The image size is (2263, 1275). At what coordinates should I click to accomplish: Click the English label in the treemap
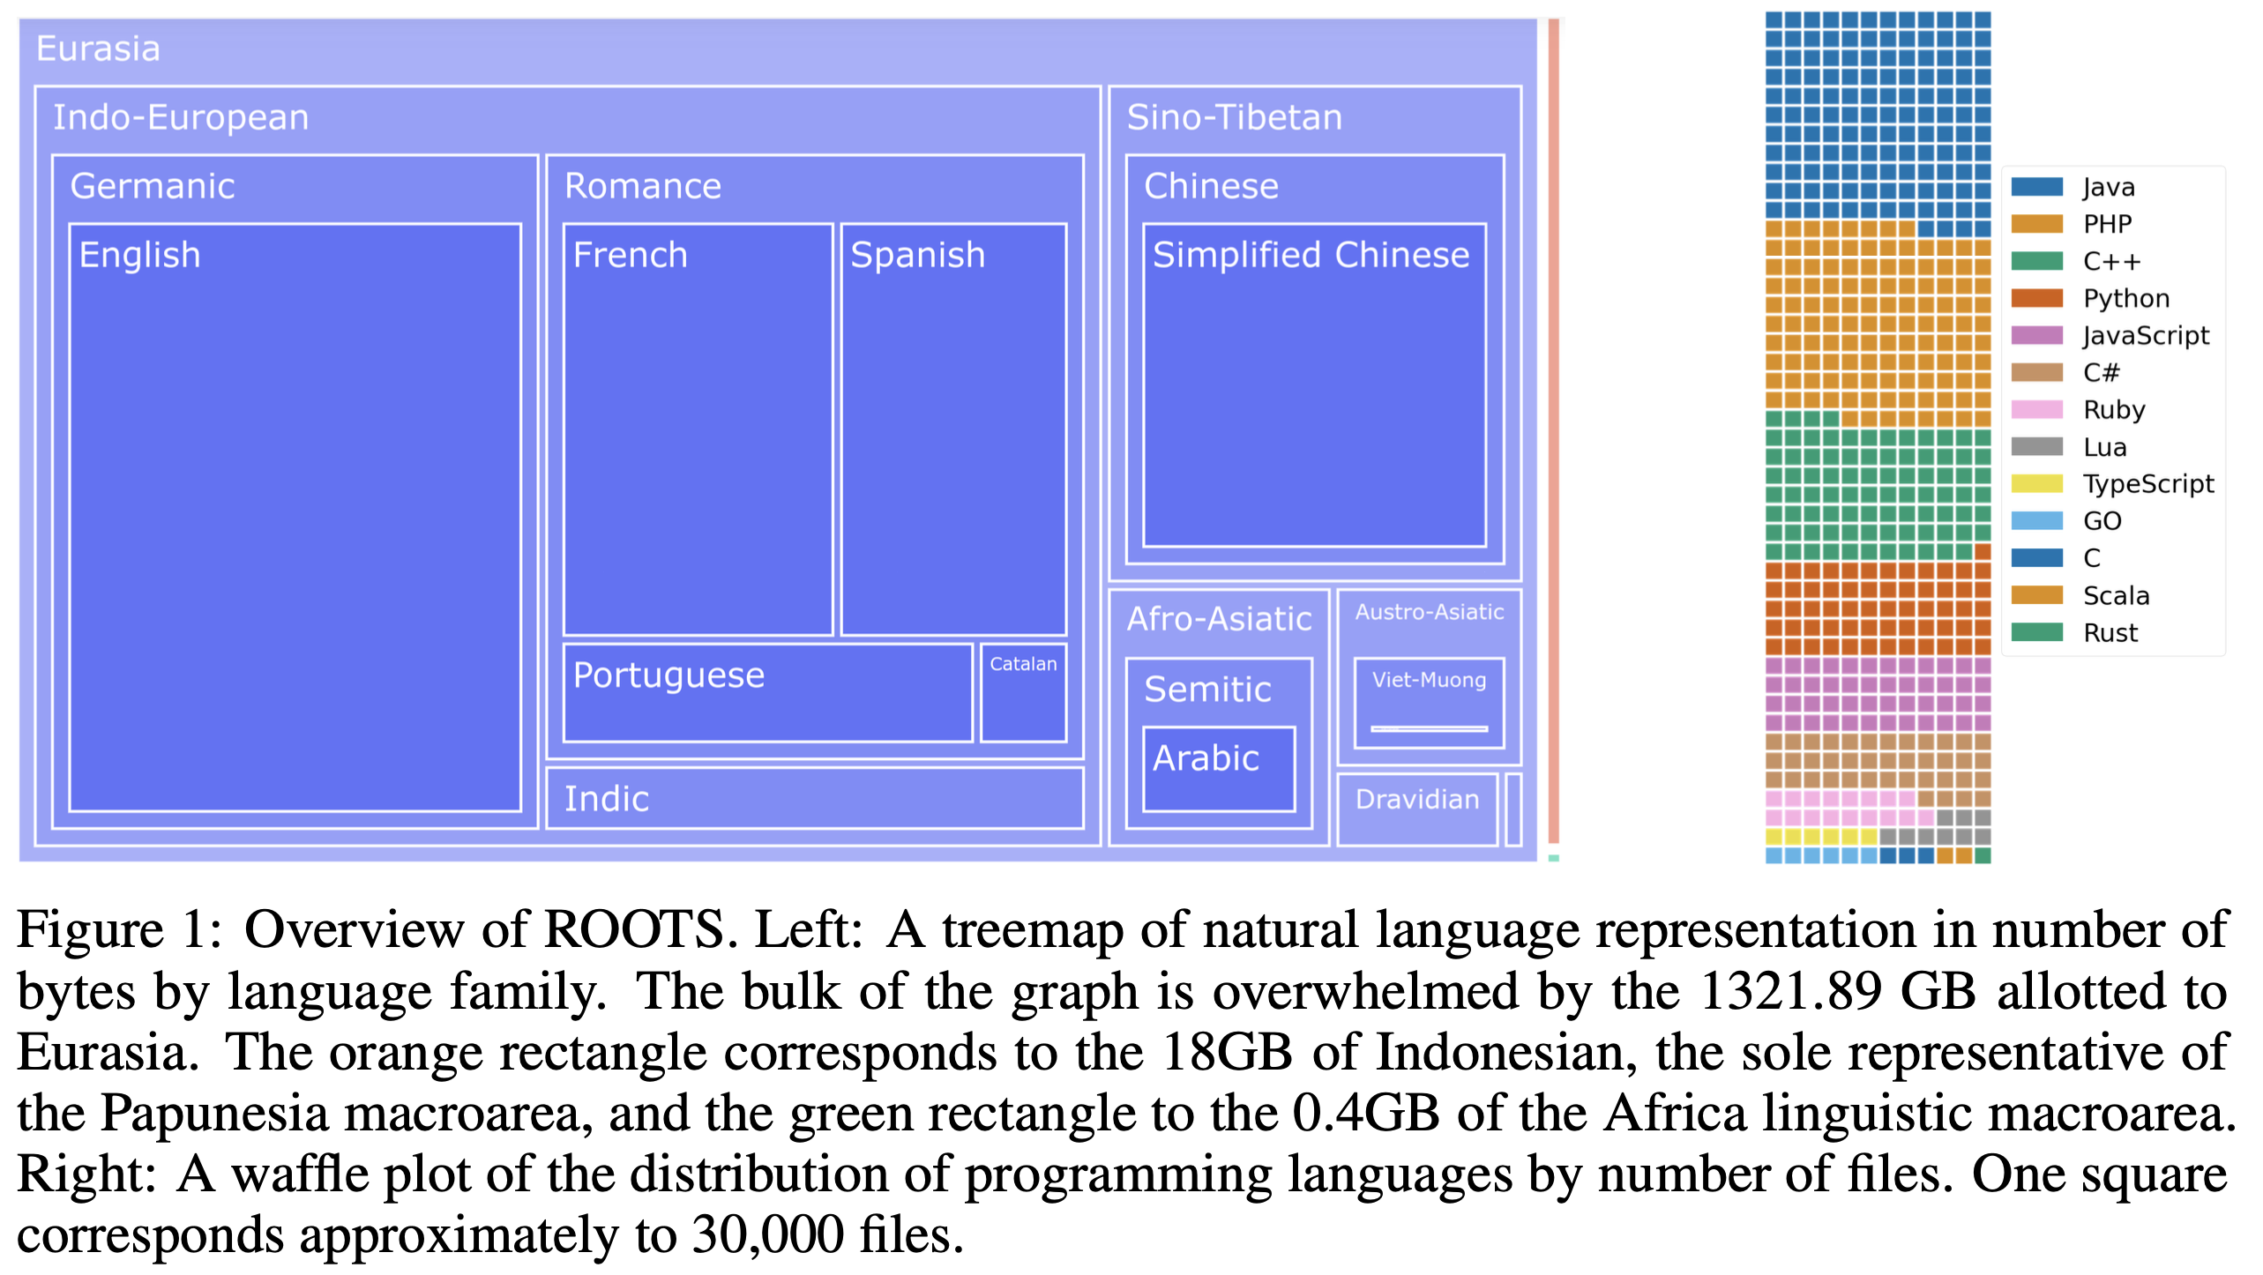click(x=140, y=256)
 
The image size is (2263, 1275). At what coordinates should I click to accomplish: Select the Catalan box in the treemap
click(x=1023, y=692)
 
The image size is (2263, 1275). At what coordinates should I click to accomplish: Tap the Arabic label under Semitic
click(x=1206, y=759)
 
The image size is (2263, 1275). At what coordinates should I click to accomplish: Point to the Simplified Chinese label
click(x=1311, y=256)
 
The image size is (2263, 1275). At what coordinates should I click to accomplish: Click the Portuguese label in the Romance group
click(x=668, y=676)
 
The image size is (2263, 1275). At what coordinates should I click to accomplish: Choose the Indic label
click(x=607, y=800)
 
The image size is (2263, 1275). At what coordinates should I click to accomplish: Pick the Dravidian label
click(x=1416, y=800)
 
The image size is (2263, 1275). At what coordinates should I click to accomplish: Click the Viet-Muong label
click(x=1429, y=680)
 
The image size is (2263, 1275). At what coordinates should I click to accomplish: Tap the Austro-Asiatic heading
click(x=1429, y=612)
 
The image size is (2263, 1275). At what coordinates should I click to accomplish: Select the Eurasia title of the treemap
click(x=98, y=49)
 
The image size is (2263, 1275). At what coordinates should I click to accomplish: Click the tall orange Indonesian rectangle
click(x=1554, y=432)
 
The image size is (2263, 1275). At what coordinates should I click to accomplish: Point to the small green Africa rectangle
click(x=1554, y=858)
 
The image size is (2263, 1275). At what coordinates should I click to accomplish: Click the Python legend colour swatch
click(x=2036, y=298)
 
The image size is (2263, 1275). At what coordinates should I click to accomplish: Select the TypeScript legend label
click(x=2147, y=484)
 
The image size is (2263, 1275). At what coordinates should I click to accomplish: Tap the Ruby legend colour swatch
click(x=2036, y=410)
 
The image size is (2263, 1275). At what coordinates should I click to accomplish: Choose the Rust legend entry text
click(x=2110, y=633)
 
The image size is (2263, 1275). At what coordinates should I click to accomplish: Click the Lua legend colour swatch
click(x=2036, y=447)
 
